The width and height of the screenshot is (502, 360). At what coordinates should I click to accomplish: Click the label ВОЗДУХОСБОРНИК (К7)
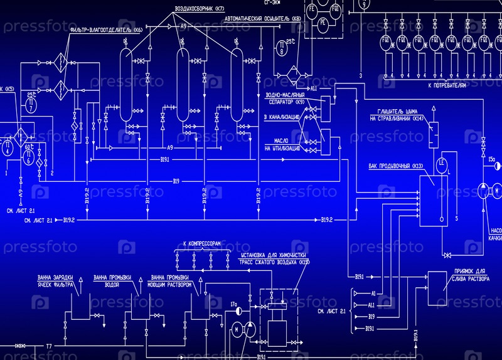tap(199, 9)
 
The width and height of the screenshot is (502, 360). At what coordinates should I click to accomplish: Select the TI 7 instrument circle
tap(30, 107)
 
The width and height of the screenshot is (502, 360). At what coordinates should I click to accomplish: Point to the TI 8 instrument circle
tap(282, 48)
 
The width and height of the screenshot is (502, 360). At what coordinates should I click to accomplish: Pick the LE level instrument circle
tap(442, 162)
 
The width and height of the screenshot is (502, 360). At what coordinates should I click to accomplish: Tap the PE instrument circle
tap(323, 23)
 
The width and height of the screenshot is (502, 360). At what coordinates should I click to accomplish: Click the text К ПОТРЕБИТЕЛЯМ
tap(447, 84)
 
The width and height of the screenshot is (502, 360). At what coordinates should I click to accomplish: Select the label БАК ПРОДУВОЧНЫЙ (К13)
tap(397, 166)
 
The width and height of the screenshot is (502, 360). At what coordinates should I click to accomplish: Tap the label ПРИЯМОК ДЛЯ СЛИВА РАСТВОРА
tap(468, 275)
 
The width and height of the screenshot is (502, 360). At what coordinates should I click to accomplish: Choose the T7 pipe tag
tap(48, 346)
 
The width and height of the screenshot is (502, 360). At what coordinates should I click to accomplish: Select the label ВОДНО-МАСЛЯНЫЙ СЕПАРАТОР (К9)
tap(286, 98)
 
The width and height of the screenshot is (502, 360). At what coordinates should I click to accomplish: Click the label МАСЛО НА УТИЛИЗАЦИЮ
tap(276, 145)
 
